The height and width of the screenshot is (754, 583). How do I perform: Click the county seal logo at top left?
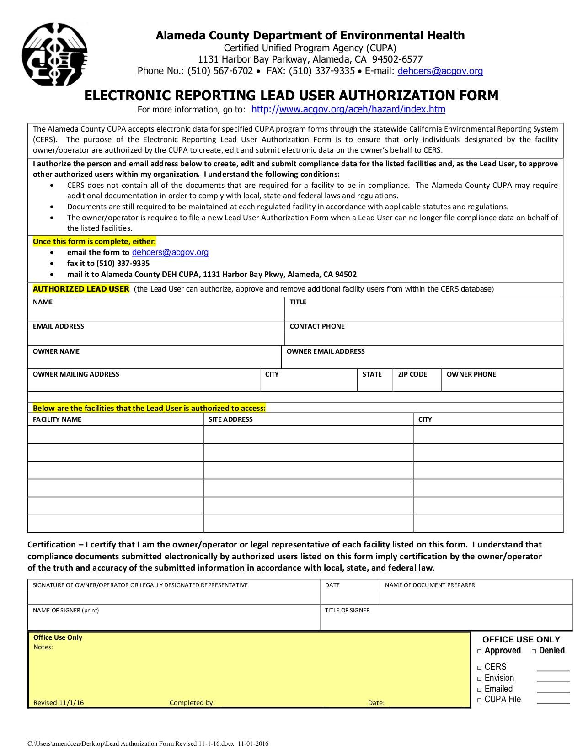(54, 55)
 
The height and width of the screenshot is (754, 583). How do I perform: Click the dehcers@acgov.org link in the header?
(440, 71)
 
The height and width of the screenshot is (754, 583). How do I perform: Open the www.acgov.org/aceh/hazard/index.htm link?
(348, 109)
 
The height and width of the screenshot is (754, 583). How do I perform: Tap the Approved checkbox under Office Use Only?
(480, 651)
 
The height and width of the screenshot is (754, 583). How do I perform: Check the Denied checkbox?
(534, 651)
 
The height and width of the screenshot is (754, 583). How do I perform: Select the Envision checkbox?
(480, 679)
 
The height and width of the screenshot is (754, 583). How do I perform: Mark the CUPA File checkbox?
(480, 700)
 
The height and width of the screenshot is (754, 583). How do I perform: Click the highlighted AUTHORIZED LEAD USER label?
(81, 289)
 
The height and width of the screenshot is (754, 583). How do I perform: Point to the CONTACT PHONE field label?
(317, 326)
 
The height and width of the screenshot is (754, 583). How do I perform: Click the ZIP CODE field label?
(412, 374)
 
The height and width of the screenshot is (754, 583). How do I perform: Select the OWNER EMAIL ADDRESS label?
(325, 351)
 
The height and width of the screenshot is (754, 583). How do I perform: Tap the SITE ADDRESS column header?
(230, 419)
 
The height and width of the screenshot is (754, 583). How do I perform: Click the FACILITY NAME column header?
(57, 419)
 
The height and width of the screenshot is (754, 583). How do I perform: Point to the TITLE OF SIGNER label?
(347, 611)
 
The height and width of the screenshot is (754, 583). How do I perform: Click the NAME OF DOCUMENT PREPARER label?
(429, 585)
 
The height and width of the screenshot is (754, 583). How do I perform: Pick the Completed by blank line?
(273, 703)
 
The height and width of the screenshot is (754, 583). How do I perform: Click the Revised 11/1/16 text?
(59, 703)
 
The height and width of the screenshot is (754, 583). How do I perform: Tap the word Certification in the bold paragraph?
(52, 545)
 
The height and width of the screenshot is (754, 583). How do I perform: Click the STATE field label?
(372, 374)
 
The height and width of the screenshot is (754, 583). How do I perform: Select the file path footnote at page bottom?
(148, 743)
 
